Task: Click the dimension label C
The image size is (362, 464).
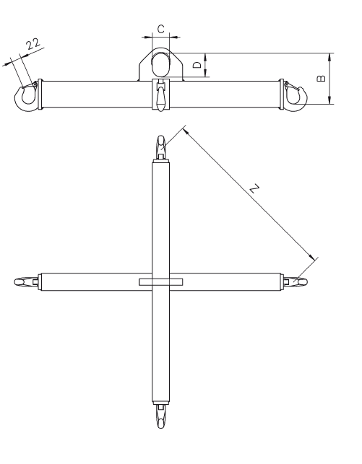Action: point(161,29)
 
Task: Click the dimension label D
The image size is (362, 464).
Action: point(197,65)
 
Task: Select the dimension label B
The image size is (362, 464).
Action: point(321,78)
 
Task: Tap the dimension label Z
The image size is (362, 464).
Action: point(254,188)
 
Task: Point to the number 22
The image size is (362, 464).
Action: point(33,44)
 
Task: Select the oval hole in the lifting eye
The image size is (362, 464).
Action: point(161,65)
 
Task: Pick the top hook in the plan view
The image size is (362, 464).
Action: point(161,147)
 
